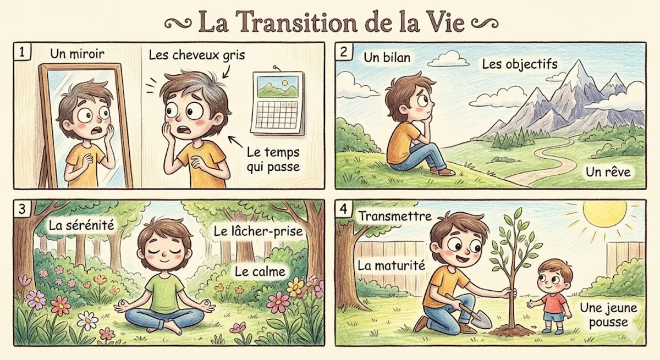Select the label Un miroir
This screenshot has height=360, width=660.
(77, 54)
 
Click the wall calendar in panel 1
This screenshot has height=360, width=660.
(278, 103)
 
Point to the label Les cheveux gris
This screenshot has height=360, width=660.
(197, 55)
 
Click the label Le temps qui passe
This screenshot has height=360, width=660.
(273, 160)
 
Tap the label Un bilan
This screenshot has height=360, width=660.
(387, 57)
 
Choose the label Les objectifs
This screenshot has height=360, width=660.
(520, 64)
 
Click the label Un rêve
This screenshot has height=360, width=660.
(608, 172)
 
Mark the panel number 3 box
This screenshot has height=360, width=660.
(22, 209)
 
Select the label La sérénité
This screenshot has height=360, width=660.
(81, 225)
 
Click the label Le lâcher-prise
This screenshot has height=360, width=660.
(258, 231)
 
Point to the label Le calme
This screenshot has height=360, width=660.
(260, 272)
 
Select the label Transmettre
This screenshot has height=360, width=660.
(395, 217)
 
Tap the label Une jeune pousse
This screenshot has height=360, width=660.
(609, 315)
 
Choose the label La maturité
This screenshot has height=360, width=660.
(391, 266)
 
